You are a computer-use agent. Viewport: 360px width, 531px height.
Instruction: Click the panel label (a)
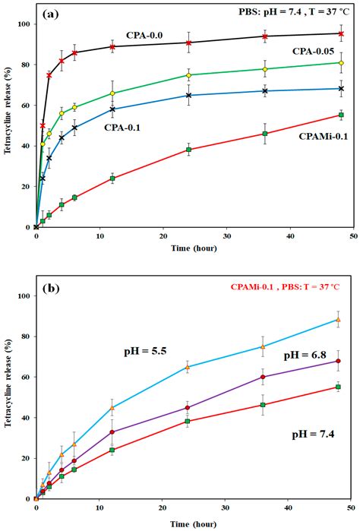[x=53, y=13]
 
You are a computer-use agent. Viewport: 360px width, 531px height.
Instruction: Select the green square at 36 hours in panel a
[x=264, y=134]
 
